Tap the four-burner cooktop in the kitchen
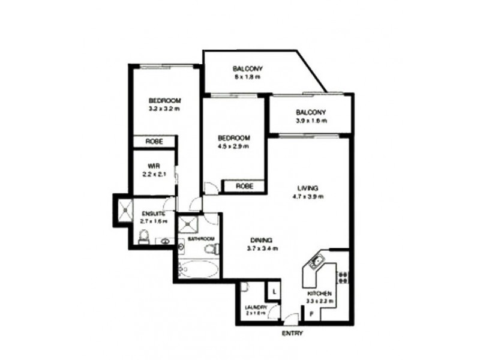point(343,277)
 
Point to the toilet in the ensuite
point(143,239)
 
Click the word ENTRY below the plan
point(292,333)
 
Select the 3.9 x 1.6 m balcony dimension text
point(310,121)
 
